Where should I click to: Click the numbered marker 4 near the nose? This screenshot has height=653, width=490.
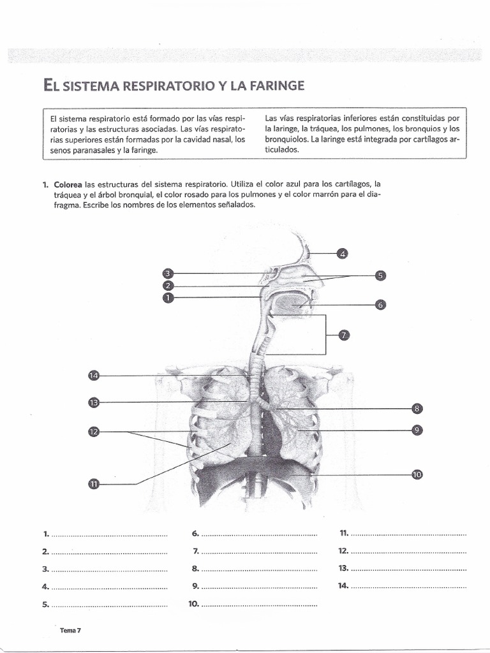tap(342, 254)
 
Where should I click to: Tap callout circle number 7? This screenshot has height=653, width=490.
tap(343, 335)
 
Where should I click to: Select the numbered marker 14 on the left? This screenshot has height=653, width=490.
tap(94, 376)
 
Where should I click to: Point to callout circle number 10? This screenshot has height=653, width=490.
tap(417, 474)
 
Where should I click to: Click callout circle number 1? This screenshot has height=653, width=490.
tap(168, 297)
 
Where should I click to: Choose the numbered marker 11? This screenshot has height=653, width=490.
tap(94, 484)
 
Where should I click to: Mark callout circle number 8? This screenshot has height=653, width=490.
tap(417, 408)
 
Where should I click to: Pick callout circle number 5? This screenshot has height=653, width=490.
tap(380, 275)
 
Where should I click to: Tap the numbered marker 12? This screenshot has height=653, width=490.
tap(94, 432)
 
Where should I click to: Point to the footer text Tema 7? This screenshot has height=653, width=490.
tap(70, 631)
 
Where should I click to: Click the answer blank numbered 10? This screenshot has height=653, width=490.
tap(258, 604)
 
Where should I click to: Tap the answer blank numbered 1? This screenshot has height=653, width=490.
tap(108, 534)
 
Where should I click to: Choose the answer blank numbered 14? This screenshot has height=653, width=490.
tap(408, 586)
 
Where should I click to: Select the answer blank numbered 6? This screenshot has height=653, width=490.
tap(258, 534)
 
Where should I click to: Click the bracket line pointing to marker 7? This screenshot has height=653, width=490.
tap(327, 335)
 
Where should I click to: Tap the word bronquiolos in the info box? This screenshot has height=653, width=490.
tap(285, 139)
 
